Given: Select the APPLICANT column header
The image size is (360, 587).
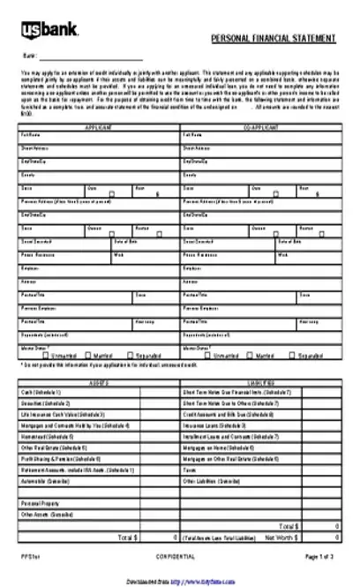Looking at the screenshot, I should click(97, 128).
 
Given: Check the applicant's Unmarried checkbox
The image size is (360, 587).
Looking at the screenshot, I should click(36, 356).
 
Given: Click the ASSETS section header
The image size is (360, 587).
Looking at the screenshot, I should click(98, 383).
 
